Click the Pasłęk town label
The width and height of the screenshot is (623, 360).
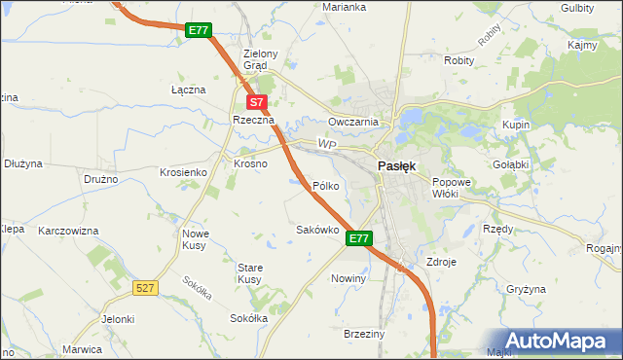pyautogui.click(x=396, y=165)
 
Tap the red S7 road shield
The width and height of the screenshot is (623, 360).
pyautogui.click(x=255, y=101)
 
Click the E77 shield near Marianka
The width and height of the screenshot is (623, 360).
pyautogui.click(x=199, y=30)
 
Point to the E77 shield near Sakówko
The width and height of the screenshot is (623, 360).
pyautogui.click(x=359, y=238)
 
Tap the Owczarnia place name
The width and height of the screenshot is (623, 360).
pyautogui.click(x=352, y=122)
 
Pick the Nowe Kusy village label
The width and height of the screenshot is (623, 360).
pyautogui.click(x=196, y=239)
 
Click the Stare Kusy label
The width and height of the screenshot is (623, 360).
pyautogui.click(x=249, y=272)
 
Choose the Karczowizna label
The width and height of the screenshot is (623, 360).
pyautogui.click(x=68, y=232)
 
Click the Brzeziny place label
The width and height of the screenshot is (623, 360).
pyautogui.click(x=365, y=334)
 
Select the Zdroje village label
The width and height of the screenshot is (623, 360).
pyautogui.click(x=441, y=263)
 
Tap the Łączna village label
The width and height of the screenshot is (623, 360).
pyautogui.click(x=188, y=90)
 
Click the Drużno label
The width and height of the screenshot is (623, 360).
pyautogui.click(x=100, y=179)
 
